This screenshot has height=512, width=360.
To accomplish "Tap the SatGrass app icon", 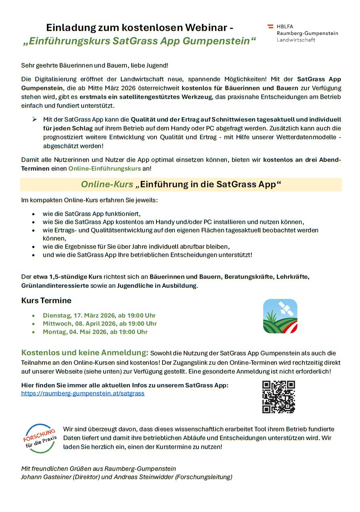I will (x=280, y=316).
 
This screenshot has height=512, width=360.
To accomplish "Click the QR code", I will (x=278, y=396).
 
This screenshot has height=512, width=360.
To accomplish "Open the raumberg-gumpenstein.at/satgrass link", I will (x=83, y=393).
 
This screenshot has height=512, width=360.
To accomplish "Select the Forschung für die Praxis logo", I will (x=40, y=438).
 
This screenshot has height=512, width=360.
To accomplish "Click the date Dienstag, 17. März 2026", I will (x=99, y=315).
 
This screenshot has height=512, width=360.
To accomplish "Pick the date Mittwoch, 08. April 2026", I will (x=100, y=323).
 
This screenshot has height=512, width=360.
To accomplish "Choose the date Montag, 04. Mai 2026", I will (x=95, y=332).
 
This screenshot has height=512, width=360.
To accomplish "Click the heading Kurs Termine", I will (x=46, y=301).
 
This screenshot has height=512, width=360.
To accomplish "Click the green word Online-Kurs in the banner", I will (x=107, y=184).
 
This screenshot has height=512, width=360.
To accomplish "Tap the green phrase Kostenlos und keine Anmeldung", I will (x=85, y=353).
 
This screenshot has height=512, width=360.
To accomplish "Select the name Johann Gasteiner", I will (x=46, y=477).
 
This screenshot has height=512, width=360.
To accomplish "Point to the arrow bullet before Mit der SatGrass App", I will (x=34, y=120).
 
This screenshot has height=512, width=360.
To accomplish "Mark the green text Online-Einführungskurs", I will (x=104, y=169).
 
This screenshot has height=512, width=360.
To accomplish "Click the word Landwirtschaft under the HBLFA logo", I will (x=296, y=40).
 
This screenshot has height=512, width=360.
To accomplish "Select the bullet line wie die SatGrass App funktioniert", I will (x=92, y=214).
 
